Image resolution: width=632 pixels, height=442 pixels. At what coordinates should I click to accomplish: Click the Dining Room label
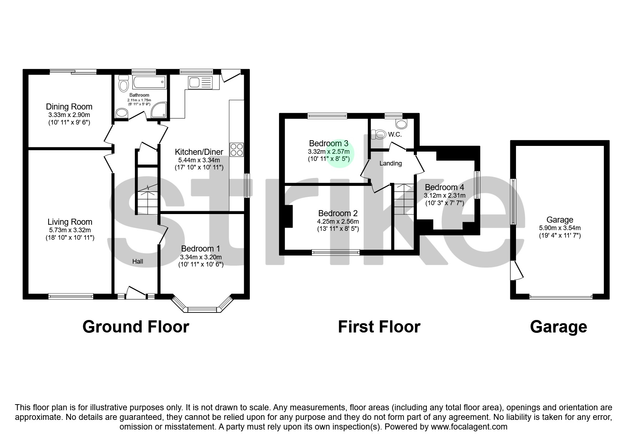69,107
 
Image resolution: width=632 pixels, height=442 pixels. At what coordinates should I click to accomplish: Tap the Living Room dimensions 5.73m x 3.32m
70,230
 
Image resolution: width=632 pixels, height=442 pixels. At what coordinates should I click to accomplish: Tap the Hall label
138,261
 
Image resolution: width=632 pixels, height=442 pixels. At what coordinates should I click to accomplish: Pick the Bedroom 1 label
201,249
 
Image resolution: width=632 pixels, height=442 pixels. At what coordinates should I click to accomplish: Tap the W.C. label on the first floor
395,135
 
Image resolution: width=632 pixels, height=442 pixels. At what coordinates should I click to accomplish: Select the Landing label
390,163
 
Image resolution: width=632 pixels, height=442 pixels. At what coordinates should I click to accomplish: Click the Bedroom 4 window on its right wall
476,184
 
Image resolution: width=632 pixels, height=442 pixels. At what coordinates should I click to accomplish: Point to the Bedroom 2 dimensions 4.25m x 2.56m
338,221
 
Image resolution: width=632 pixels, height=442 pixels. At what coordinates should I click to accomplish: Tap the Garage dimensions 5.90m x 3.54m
560,228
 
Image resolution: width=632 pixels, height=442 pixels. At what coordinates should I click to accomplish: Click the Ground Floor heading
136,327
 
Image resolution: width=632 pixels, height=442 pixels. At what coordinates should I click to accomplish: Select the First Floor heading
379,327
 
